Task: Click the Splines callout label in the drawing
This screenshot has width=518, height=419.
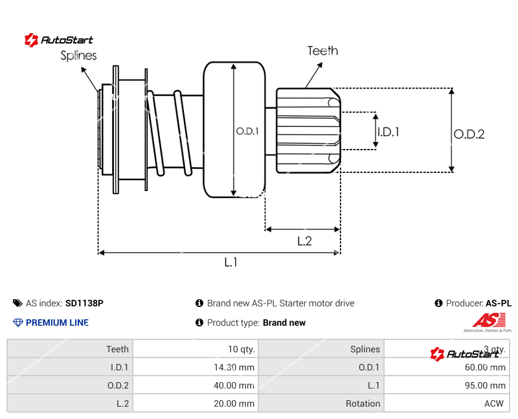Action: (x=78, y=56)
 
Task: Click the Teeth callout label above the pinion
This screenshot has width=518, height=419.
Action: (x=322, y=51)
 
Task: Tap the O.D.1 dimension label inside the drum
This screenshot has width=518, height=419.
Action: (x=247, y=131)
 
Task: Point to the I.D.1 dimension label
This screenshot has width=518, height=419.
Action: (x=388, y=131)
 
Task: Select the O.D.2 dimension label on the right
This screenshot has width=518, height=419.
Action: (x=469, y=134)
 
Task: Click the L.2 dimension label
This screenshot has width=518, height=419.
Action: (x=304, y=241)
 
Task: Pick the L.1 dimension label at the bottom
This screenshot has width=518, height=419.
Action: (x=231, y=262)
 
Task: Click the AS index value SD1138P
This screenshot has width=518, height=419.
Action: (x=84, y=303)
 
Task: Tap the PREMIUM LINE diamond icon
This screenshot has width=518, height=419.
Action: (x=18, y=323)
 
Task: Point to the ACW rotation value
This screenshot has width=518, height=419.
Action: (x=495, y=403)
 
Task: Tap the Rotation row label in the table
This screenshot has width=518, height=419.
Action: (x=363, y=403)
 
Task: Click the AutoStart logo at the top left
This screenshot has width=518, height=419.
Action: (x=59, y=40)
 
